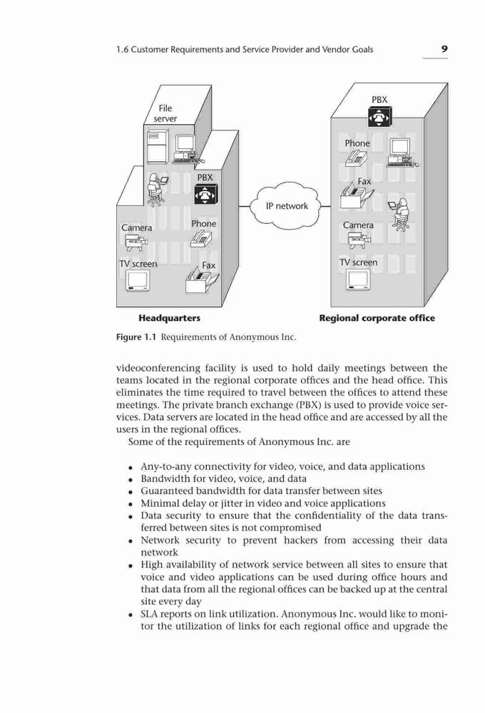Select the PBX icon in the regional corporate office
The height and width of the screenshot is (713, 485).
point(379,118)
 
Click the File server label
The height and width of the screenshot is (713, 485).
point(165,113)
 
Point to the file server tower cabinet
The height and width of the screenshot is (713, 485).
point(158,146)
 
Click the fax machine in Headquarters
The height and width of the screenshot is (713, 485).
point(202,280)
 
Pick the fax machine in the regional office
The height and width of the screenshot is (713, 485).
point(357,195)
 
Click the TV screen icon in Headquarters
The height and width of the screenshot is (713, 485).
point(138,280)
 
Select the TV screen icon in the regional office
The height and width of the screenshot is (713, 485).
point(359,279)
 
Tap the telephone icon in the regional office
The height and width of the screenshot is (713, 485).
point(356,158)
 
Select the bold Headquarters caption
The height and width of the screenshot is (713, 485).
point(169,318)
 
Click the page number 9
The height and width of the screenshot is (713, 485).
point(444,48)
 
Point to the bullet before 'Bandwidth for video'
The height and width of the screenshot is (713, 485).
point(131,480)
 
